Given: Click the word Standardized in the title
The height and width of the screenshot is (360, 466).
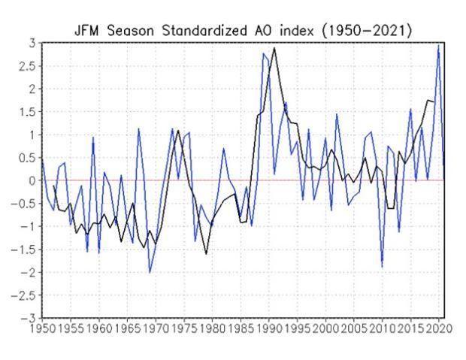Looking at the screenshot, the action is pos(204,31).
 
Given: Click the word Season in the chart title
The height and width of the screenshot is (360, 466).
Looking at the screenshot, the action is pos(131,31).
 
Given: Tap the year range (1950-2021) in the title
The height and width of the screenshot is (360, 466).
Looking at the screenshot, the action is pos(368,31).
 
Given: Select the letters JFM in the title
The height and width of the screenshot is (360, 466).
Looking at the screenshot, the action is pos(86,31).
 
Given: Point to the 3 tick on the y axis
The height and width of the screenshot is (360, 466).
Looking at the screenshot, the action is pos(32,44).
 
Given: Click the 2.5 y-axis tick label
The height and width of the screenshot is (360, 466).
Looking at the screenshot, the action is pos(27,66).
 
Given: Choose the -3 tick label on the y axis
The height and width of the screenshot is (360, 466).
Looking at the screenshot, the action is pos(29,319).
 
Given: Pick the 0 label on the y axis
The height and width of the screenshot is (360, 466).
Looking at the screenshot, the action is pos(32,180).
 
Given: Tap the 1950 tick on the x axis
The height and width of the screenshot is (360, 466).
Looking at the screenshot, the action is pos(42,328).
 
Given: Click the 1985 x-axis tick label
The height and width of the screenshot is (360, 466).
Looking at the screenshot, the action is pos(241,328).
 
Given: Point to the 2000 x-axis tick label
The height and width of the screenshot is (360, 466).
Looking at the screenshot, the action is pos(325,328).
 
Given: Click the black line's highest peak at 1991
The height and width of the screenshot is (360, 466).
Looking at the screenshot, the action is pos(274,48).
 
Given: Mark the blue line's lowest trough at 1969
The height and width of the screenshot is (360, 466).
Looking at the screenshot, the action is pos(150,272).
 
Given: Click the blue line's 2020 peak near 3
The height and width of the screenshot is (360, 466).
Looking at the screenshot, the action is pos(438,46).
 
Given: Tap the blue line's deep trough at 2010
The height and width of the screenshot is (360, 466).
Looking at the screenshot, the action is pos(382,267).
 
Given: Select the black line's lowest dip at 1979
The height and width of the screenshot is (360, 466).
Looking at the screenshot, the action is pos(206,254).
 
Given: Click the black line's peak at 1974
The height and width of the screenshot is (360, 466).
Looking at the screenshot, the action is pos(178,131).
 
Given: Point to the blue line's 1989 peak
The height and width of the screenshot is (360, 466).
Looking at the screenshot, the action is pos(263,53).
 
